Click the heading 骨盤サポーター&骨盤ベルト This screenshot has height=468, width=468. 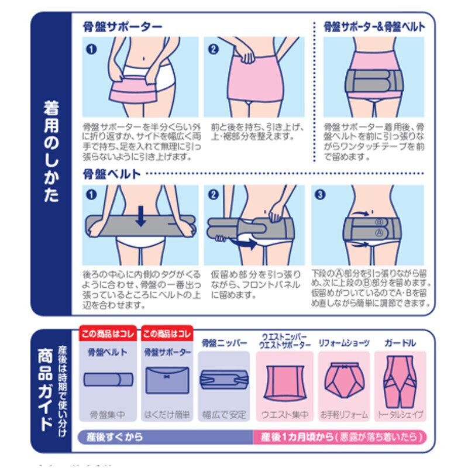pos(374,27)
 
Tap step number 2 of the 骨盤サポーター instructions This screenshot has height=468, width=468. pos(213,49)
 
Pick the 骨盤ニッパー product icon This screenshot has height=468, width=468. pos(223,380)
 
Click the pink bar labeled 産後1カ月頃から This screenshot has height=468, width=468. pos(339,436)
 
